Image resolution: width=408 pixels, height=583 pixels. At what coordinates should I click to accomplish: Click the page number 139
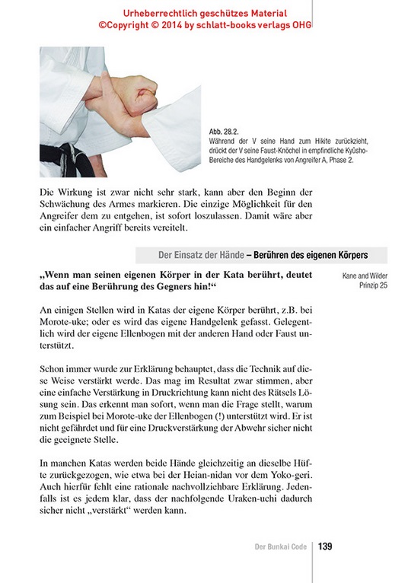click(324, 546)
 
